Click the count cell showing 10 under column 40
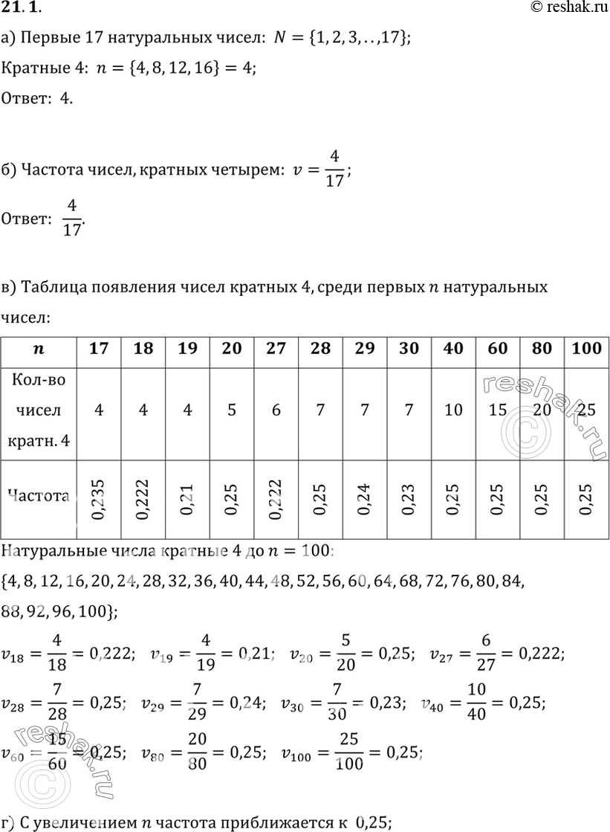[x=454, y=410]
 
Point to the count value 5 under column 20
[x=232, y=410]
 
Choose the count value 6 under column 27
[x=276, y=410]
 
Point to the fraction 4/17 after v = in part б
[x=335, y=170]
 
